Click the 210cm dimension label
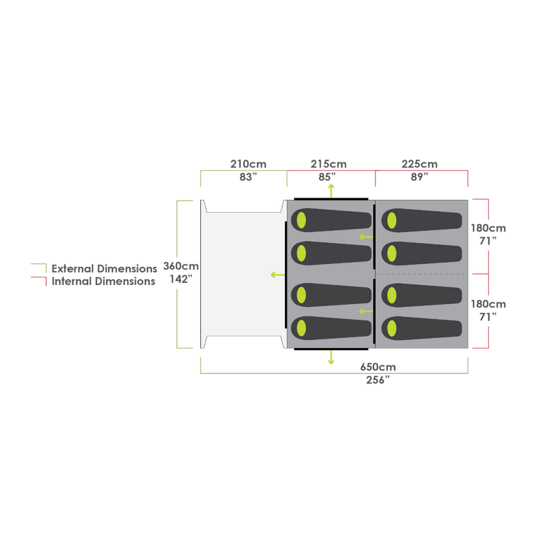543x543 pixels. (x=248, y=164)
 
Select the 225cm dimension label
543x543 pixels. (x=419, y=164)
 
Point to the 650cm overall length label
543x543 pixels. (x=378, y=367)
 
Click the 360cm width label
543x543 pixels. (x=181, y=267)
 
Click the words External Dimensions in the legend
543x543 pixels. (x=105, y=269)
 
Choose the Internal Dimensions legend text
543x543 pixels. (x=105, y=281)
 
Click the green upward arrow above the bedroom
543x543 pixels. (x=331, y=189)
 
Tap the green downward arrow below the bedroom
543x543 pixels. (x=331, y=358)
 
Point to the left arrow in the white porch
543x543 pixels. (x=277, y=274)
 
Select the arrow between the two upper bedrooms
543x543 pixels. (x=366, y=237)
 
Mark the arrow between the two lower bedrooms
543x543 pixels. (x=366, y=312)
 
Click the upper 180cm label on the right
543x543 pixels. (x=488, y=229)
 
